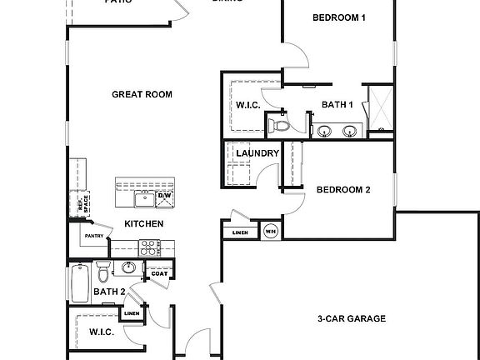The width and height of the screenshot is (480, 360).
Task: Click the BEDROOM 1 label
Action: point(339,17)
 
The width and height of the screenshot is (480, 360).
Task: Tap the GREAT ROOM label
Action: point(142,94)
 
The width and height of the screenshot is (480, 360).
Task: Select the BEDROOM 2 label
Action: point(343,189)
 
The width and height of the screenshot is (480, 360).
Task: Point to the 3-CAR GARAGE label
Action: point(351,318)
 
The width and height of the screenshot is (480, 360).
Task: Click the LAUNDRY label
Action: point(257,153)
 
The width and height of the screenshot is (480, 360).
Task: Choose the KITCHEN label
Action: point(143,223)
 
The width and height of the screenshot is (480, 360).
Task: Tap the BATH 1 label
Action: point(337,104)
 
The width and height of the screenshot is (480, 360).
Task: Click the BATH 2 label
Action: point(108,292)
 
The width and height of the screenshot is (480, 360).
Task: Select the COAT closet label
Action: point(158,272)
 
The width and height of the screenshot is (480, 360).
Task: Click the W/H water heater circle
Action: point(270,232)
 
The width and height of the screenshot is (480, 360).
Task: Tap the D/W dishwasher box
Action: point(164,196)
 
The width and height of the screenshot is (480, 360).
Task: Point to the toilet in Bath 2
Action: point(103,271)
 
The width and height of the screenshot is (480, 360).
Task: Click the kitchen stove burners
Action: point(149,247)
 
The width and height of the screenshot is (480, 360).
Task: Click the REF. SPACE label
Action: point(72,202)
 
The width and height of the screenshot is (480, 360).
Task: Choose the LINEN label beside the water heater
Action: point(240,232)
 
